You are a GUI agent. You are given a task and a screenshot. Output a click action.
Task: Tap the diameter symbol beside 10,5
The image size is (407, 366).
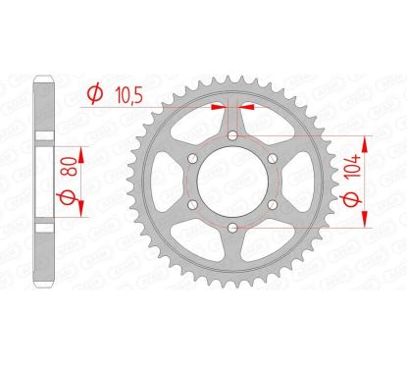click(93, 95)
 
